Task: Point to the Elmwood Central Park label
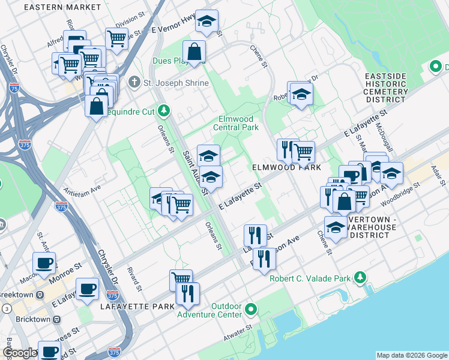238,123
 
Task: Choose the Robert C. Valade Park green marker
360,277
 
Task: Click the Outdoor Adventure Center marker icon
251,310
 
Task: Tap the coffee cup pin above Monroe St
44,263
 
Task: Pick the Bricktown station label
33,319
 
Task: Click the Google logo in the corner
20,353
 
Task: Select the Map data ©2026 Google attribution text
411,355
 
